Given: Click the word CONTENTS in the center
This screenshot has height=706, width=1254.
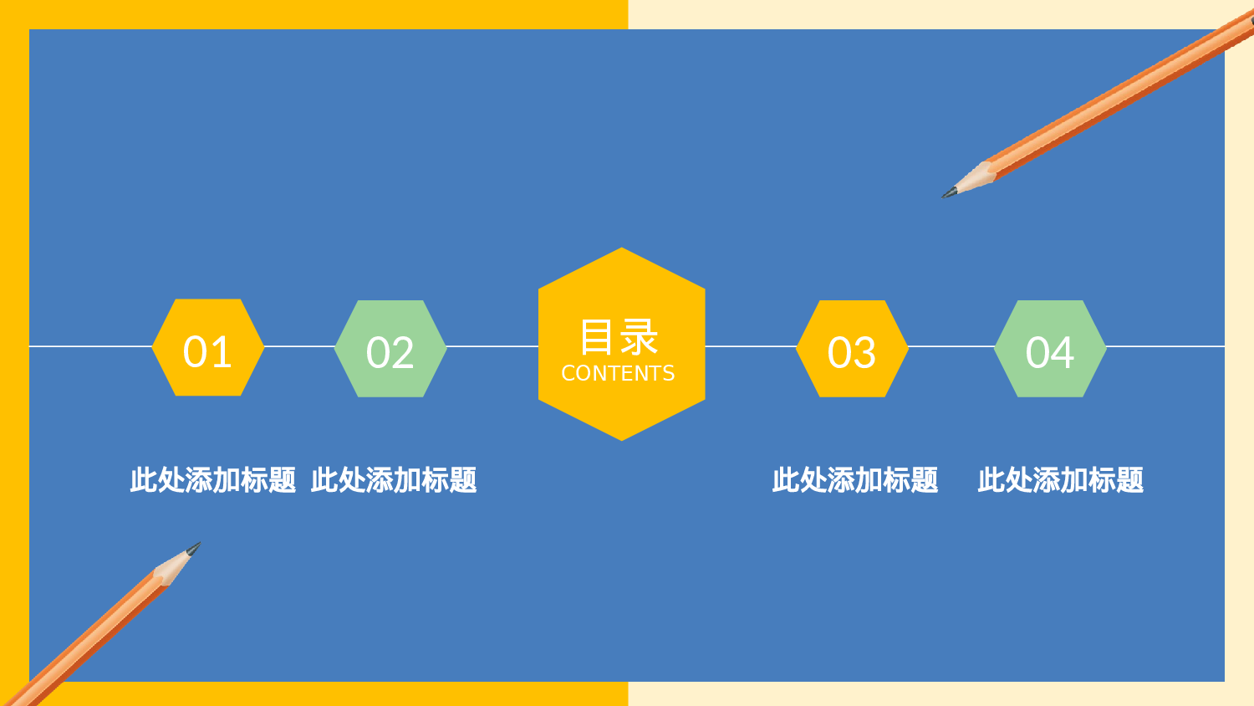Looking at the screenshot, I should coord(618,374).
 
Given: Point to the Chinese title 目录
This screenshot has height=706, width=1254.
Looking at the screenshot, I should coord(619,337).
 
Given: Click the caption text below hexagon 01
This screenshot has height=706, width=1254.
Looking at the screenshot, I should coord(213,480).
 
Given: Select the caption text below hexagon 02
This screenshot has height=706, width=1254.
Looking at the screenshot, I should coord(394,480).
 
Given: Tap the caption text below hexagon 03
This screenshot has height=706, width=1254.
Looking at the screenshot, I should coord(855,480).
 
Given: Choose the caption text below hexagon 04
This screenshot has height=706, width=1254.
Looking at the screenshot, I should coord(1061,480).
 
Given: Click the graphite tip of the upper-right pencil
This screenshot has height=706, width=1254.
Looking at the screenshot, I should coord(949,193).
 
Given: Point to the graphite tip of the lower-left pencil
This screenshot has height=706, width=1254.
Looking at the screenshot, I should coord(194,548).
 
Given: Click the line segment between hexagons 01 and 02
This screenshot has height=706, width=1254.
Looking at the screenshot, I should coord(299,346).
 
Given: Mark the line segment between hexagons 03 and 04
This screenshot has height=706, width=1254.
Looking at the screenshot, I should coord(951,346).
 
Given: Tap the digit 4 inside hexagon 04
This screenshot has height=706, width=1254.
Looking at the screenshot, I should coord(1063,353).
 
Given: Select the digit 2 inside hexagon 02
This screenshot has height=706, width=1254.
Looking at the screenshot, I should coord(403,353).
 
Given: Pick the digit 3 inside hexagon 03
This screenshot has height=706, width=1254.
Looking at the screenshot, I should coord(864,353).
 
